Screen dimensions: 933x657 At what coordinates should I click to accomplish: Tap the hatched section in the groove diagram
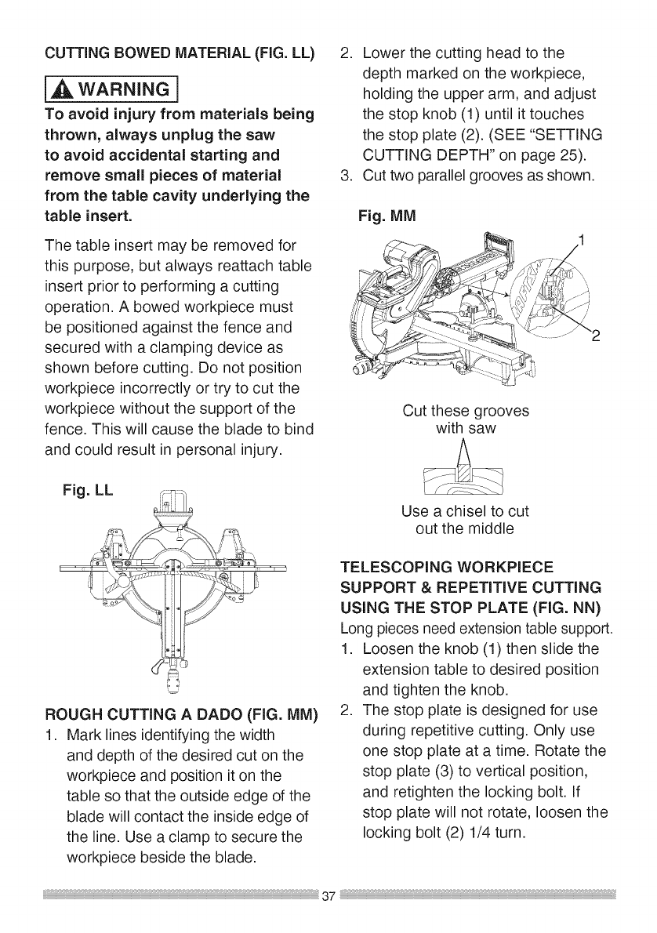pos(464,476)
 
